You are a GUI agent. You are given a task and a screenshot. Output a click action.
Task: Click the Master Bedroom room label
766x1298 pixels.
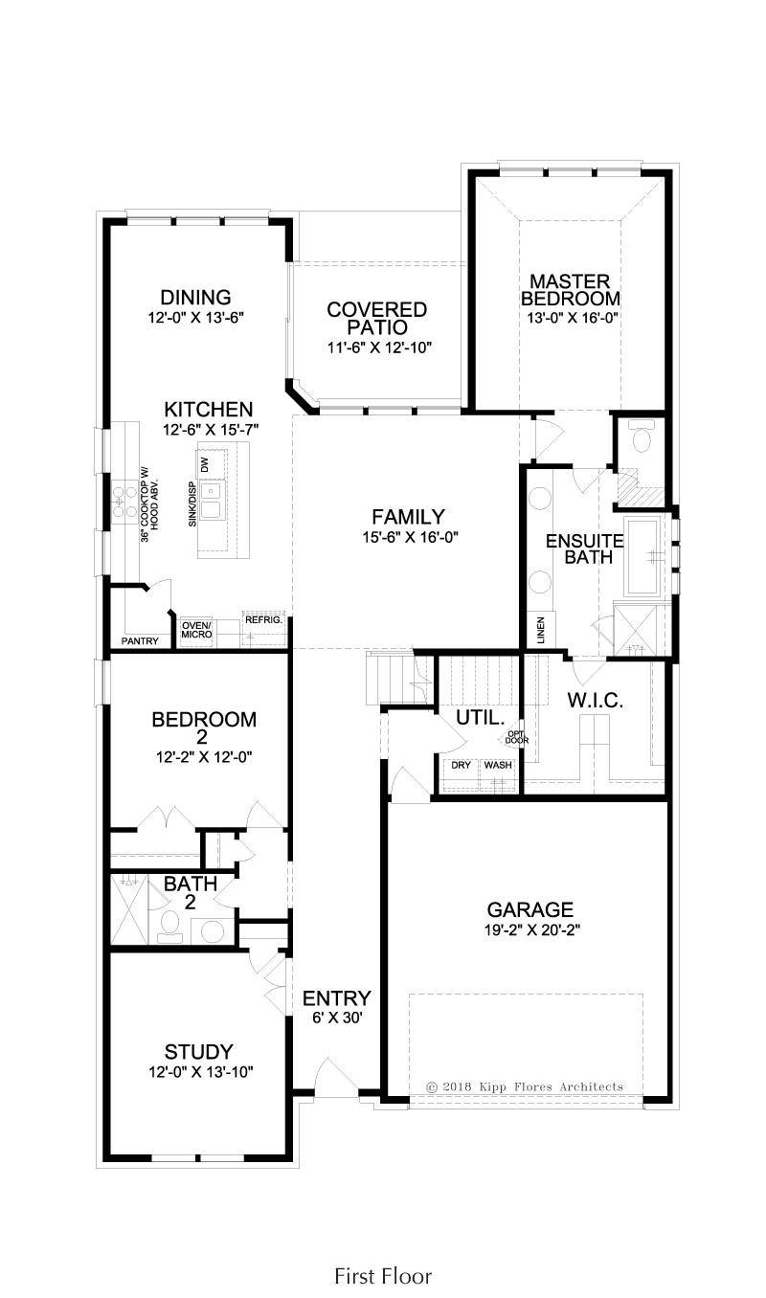coord(570,290)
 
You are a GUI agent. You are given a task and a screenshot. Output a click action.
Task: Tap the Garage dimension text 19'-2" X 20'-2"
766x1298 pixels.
coord(532,930)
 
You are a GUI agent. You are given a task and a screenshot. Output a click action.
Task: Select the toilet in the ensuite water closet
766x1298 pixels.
coord(642,436)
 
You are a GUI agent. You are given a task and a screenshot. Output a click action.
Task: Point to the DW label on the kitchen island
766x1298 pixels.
coord(204,464)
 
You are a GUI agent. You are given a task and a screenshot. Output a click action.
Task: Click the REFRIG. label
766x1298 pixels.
coord(263,619)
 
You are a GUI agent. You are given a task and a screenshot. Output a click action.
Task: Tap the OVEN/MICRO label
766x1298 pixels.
coord(196,630)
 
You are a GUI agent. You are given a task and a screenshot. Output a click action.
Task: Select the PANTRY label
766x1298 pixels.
coord(140,641)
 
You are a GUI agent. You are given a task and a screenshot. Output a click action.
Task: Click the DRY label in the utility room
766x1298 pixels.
coord(461,765)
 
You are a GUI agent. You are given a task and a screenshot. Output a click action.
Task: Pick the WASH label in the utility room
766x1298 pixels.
coord(498,765)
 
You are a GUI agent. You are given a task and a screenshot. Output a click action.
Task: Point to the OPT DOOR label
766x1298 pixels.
coord(516,737)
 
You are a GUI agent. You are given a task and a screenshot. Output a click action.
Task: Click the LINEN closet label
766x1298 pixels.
coord(541,630)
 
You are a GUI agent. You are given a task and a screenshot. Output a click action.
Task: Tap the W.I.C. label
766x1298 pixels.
coord(595,701)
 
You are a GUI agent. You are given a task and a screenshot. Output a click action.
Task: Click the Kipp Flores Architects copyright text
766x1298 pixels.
coord(525,1087)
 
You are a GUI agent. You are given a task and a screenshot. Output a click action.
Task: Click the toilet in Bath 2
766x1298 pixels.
coord(169,926)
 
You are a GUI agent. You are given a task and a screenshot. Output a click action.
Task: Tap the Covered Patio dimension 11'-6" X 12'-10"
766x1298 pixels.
coord(378,347)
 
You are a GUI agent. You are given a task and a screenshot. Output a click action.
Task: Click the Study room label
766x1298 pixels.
coord(199,1052)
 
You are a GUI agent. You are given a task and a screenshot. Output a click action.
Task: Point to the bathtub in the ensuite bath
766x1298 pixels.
coord(642,557)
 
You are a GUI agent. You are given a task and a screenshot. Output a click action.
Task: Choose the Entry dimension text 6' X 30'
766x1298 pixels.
coord(337,1018)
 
